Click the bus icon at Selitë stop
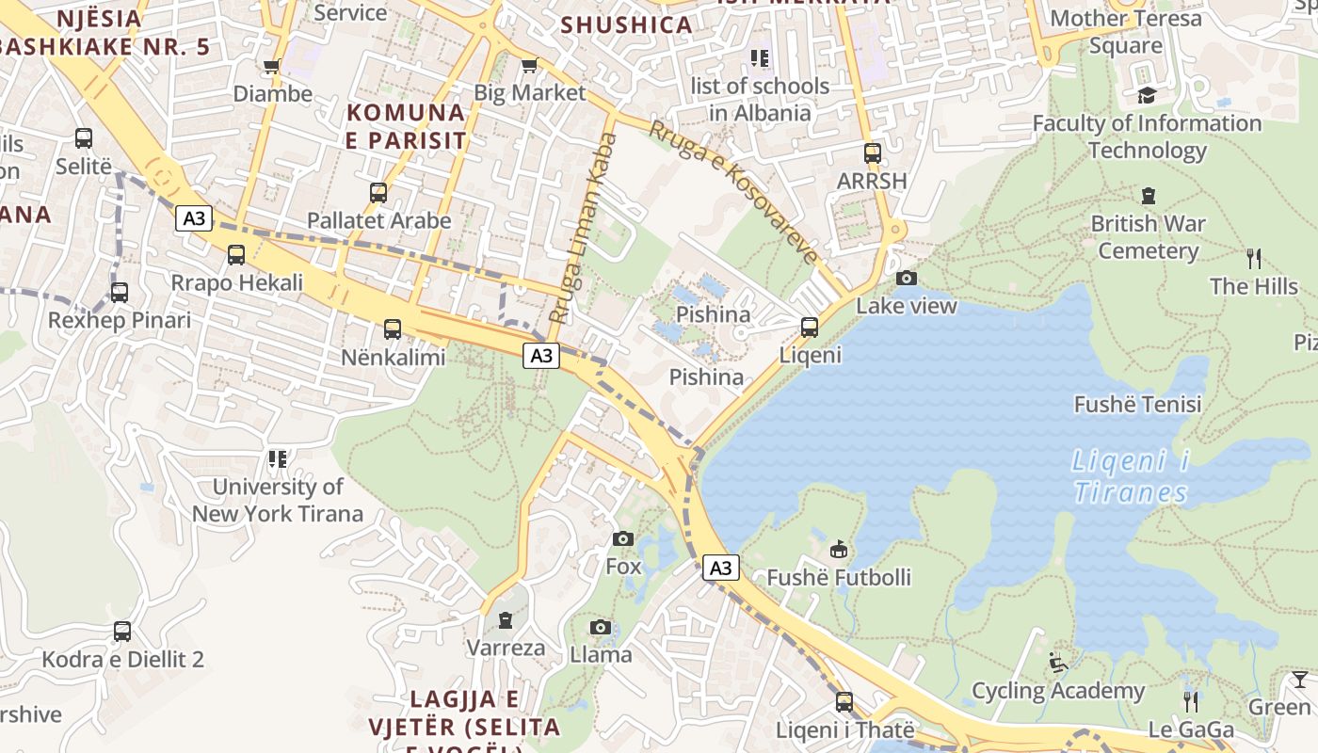(x=84, y=138)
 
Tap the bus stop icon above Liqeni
(x=810, y=328)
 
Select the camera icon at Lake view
(x=907, y=278)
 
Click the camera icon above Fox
(x=622, y=539)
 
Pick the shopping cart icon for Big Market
(x=529, y=65)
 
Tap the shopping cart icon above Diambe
(x=272, y=66)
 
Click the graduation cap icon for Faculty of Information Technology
(x=1147, y=95)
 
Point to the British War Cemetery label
(x=1147, y=237)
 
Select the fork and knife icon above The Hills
(x=1253, y=258)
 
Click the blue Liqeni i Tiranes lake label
(x=1131, y=477)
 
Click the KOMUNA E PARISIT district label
(x=406, y=126)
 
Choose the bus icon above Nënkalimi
(x=393, y=329)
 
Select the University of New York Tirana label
(x=278, y=500)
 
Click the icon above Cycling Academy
(x=1058, y=663)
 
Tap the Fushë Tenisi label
(x=1137, y=405)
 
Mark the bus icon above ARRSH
(x=873, y=153)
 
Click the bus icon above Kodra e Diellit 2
(x=122, y=632)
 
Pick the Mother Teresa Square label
(x=1125, y=31)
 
